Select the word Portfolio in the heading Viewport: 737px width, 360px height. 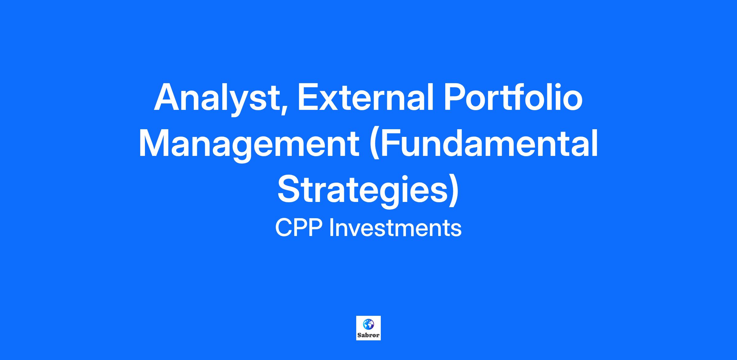click(513, 96)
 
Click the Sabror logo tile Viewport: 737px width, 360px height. click(368, 328)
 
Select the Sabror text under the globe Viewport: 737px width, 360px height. click(368, 335)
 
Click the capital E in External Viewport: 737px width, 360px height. click(308, 96)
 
